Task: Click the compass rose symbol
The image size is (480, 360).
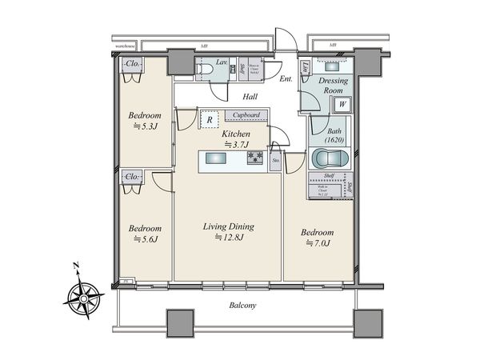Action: pyautogui.click(x=82, y=297)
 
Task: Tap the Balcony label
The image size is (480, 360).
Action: pyautogui.click(x=241, y=306)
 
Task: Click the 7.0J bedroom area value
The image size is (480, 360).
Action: pyautogui.click(x=318, y=244)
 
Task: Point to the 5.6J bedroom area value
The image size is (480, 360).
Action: pyautogui.click(x=146, y=239)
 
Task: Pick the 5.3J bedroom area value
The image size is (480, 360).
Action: pyautogui.click(x=146, y=126)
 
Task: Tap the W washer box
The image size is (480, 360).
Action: pyautogui.click(x=342, y=103)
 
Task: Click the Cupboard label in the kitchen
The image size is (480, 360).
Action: pyautogui.click(x=241, y=114)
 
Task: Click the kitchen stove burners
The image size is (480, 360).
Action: pyautogui.click(x=255, y=158)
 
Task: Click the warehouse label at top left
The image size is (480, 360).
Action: pyautogui.click(x=127, y=47)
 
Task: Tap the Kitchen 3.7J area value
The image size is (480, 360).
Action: pyautogui.click(x=237, y=144)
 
